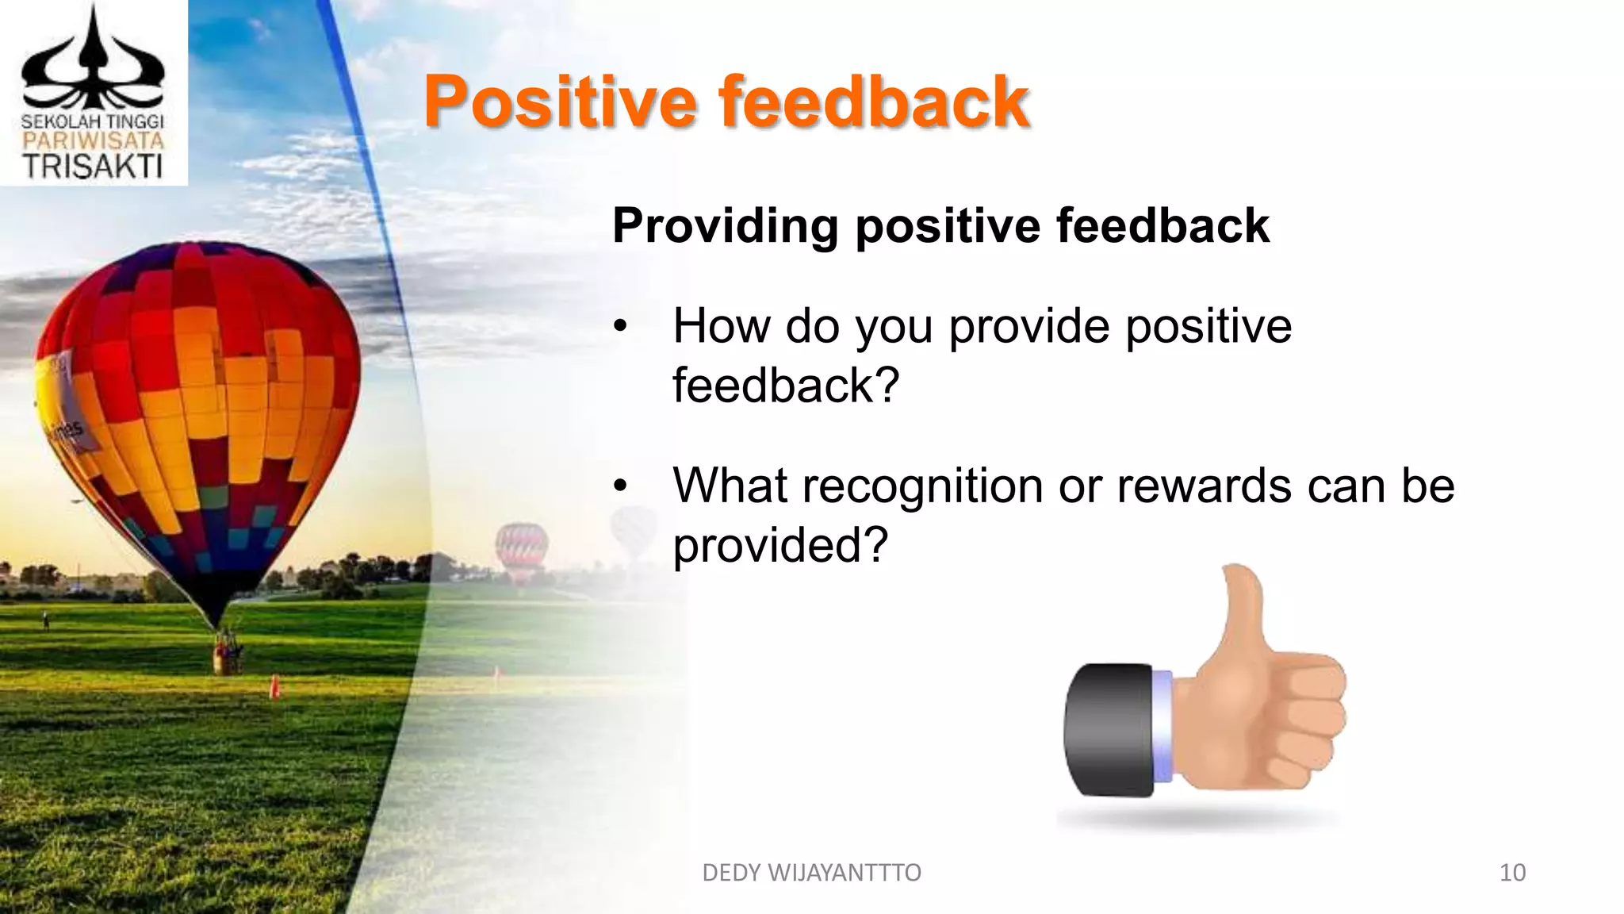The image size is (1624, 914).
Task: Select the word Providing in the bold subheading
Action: click(x=725, y=226)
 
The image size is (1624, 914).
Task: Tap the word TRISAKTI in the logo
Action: click(x=93, y=167)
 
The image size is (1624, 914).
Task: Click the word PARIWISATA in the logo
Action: click(x=93, y=142)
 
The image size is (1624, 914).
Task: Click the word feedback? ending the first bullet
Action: click(x=785, y=386)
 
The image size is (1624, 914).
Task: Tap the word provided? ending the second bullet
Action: click(x=780, y=545)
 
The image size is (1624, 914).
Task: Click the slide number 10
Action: click(x=1512, y=873)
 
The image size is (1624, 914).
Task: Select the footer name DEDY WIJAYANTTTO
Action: click(x=811, y=873)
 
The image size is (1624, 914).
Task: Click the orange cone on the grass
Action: click(x=274, y=686)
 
